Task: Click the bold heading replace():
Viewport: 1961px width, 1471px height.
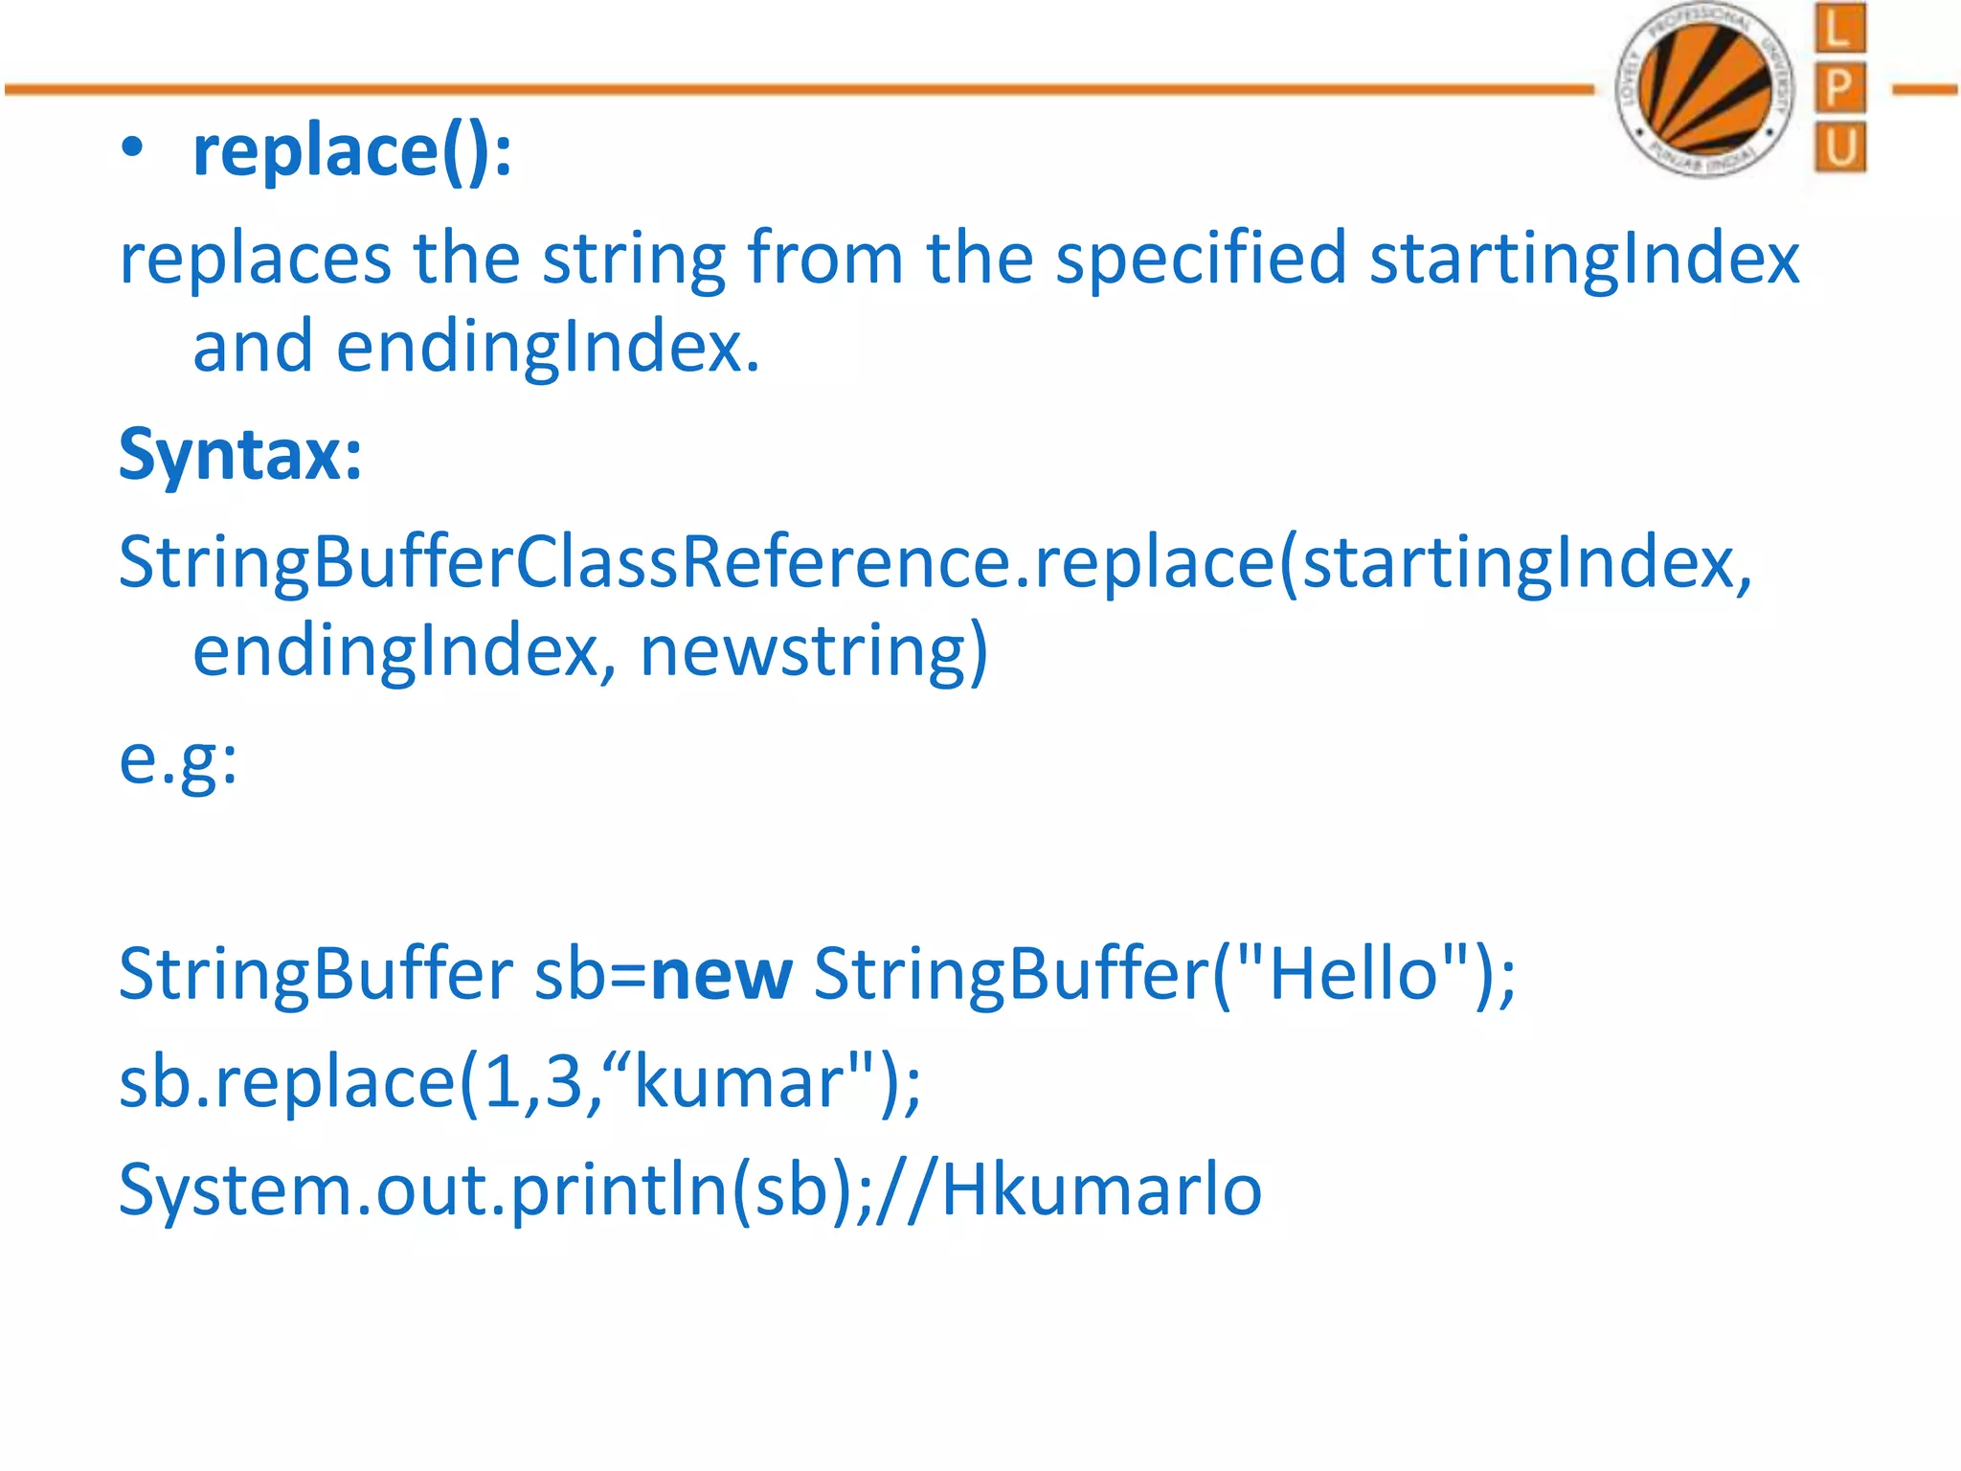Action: pyautogui.click(x=351, y=151)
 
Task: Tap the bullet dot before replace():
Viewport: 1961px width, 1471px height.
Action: pyautogui.click(x=132, y=149)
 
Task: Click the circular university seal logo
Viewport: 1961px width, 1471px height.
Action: pyautogui.click(x=1704, y=90)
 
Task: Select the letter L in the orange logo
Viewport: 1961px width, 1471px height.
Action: pyautogui.click(x=1839, y=29)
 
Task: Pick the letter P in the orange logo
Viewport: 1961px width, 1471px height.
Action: pyautogui.click(x=1839, y=89)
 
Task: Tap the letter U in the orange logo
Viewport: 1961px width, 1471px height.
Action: pyautogui.click(x=1839, y=148)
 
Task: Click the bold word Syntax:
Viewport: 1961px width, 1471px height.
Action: pyautogui.click(x=240, y=454)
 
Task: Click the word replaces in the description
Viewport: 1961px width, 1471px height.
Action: pyautogui.click(x=255, y=259)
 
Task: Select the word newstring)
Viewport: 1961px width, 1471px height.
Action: pyautogui.click(x=813, y=652)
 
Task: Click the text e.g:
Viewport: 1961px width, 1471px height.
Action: pyautogui.click(x=178, y=760)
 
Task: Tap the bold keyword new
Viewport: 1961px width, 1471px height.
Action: pyautogui.click(x=721, y=975)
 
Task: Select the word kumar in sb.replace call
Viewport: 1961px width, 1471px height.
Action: pyautogui.click(x=738, y=1083)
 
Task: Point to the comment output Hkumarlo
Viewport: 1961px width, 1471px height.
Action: pyautogui.click(x=1101, y=1190)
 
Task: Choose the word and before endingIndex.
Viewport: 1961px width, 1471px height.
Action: pyautogui.click(x=253, y=347)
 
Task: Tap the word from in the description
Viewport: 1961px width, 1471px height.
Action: pyautogui.click(x=824, y=259)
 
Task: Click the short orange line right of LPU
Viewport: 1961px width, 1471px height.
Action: pyautogui.click(x=1925, y=90)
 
